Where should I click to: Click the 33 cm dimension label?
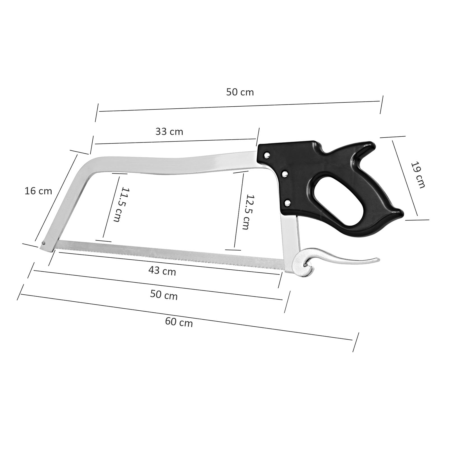[x=169, y=131]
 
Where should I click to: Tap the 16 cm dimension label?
[x=38, y=191]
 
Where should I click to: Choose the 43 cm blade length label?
[x=162, y=271]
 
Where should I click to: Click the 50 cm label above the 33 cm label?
[x=240, y=92]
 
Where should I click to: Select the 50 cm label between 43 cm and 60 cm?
[x=164, y=295]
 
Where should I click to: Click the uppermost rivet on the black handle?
[x=267, y=154]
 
